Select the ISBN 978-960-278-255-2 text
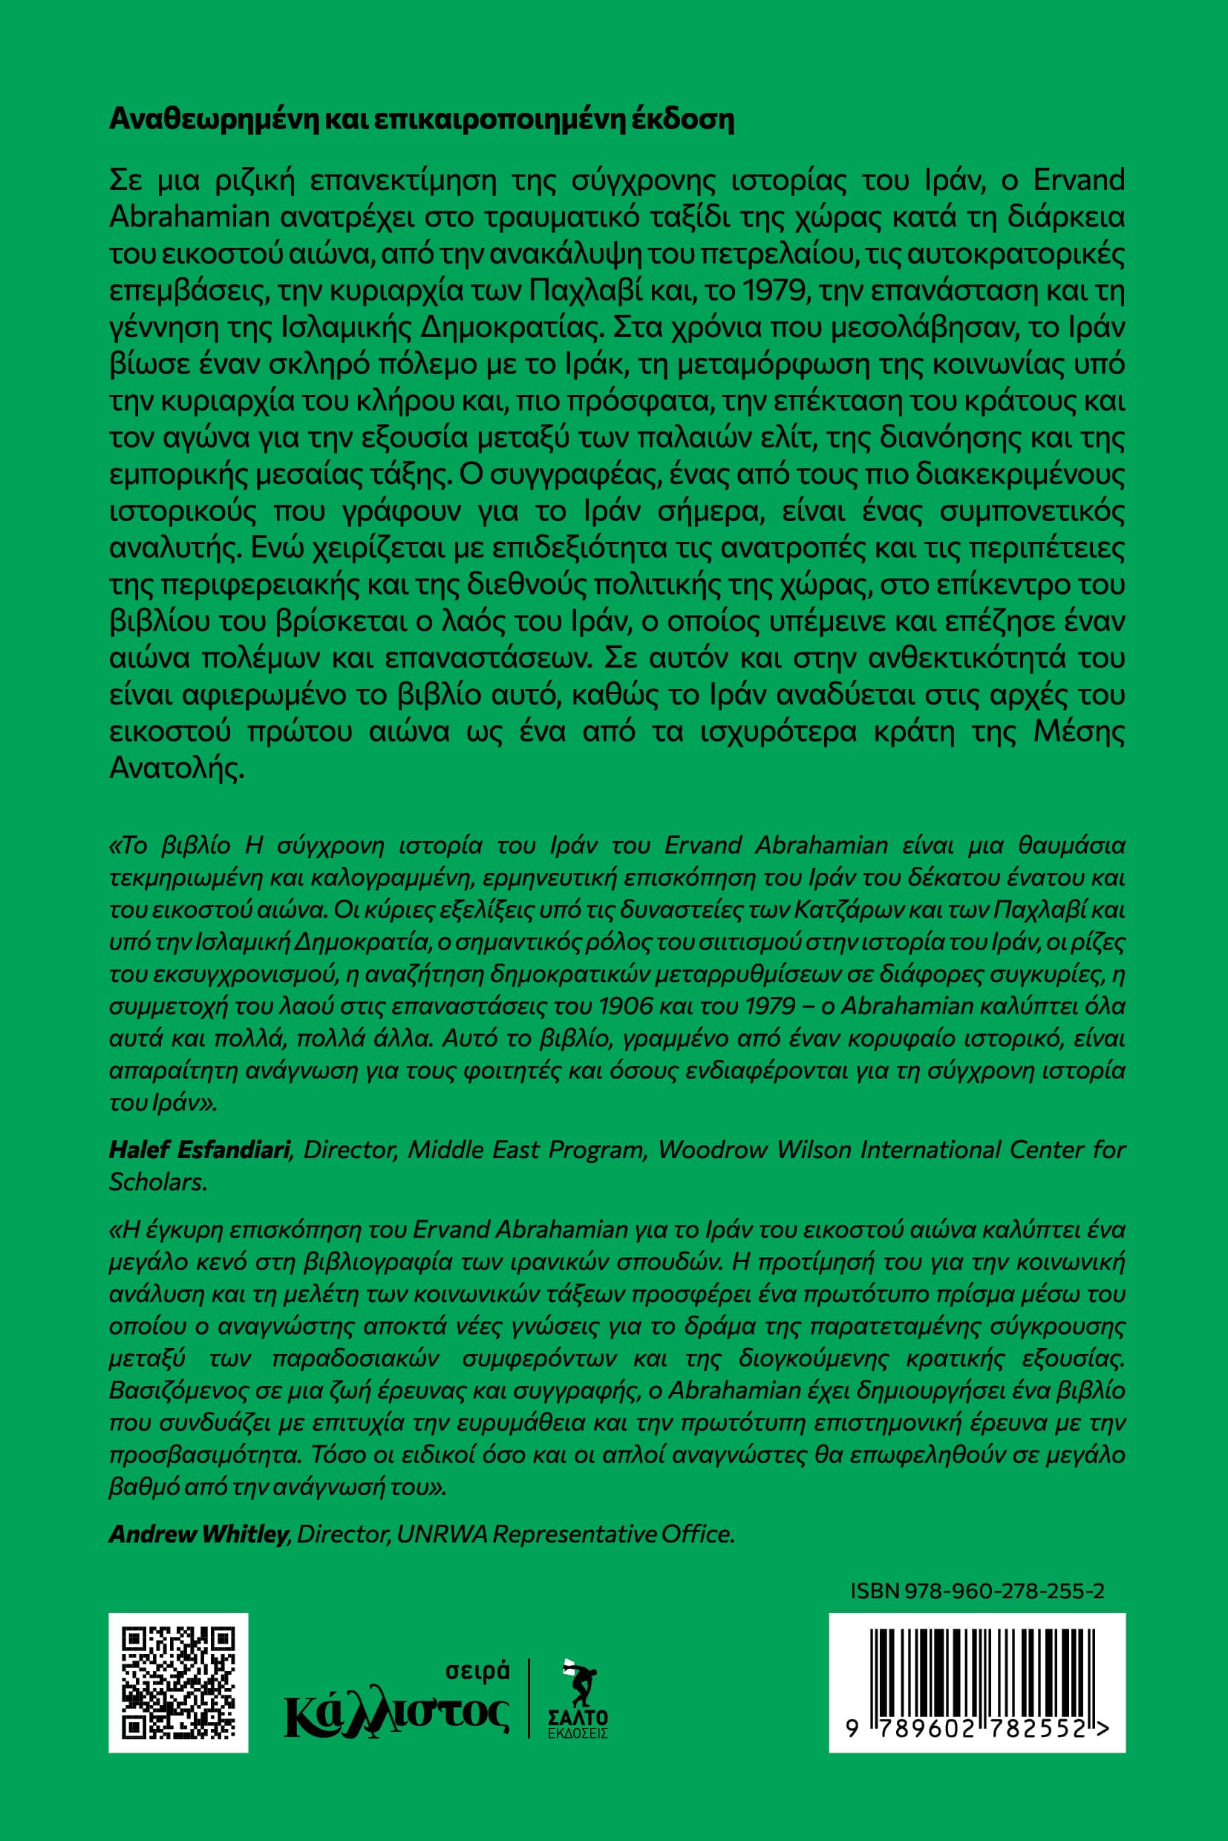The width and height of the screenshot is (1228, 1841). pyautogui.click(x=976, y=1590)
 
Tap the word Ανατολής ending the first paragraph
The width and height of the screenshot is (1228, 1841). pyautogui.click(x=177, y=768)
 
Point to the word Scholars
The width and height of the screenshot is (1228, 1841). pyautogui.click(x=158, y=1182)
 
